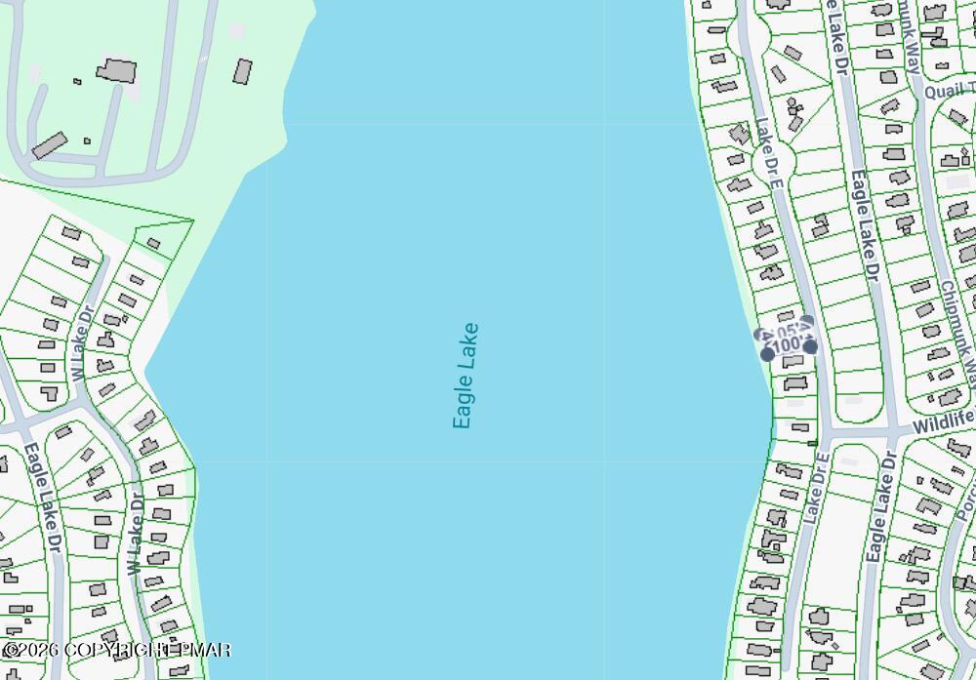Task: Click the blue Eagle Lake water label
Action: pos(466,376)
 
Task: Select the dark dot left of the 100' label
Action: pos(767,353)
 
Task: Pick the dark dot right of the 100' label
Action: pos(810,346)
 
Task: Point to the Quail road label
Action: pos(949,91)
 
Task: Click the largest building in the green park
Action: pos(116,70)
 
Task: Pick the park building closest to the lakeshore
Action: pos(242,71)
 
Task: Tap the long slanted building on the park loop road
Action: pos(48,145)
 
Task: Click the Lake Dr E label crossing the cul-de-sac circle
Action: pos(770,154)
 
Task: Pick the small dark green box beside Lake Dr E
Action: pos(812,444)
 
